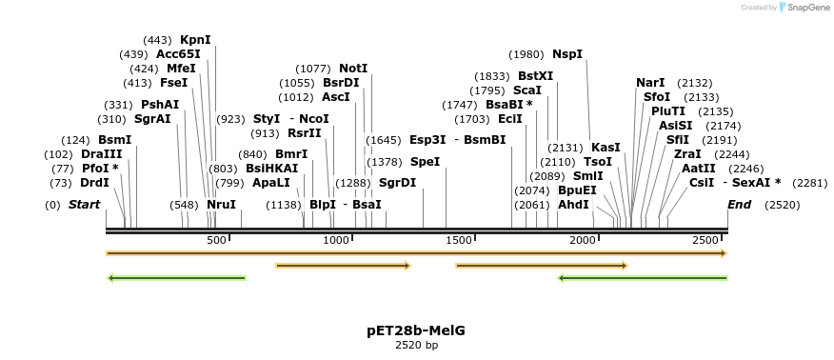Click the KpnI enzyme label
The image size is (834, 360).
[x=195, y=40]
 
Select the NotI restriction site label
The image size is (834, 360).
[x=353, y=69]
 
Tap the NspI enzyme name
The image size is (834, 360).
[x=567, y=54]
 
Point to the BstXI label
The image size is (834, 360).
[x=535, y=76]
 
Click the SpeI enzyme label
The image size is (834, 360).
[x=425, y=162]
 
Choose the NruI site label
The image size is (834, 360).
[x=221, y=205]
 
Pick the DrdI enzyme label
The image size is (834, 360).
[x=94, y=183]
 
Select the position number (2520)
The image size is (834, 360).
[x=783, y=205]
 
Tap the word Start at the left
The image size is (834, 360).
[x=84, y=205]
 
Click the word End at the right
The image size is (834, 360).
[x=739, y=205]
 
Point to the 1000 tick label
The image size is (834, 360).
[x=337, y=240]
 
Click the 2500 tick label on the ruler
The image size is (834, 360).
[x=705, y=240]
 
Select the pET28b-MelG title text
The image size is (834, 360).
[x=416, y=330]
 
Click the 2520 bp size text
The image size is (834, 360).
[x=416, y=345]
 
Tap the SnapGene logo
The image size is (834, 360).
[x=802, y=8]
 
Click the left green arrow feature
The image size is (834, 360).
[x=177, y=278]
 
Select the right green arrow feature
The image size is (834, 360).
[x=643, y=278]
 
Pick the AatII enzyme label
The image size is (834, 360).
[x=699, y=169]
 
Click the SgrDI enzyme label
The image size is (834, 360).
[x=397, y=183]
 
